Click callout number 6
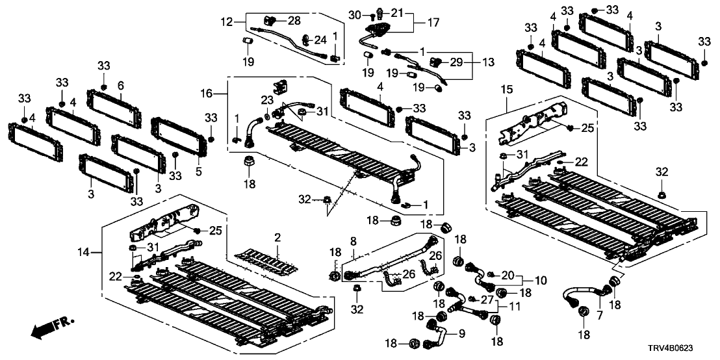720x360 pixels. (x=120, y=86)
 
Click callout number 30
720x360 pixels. (x=354, y=14)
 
